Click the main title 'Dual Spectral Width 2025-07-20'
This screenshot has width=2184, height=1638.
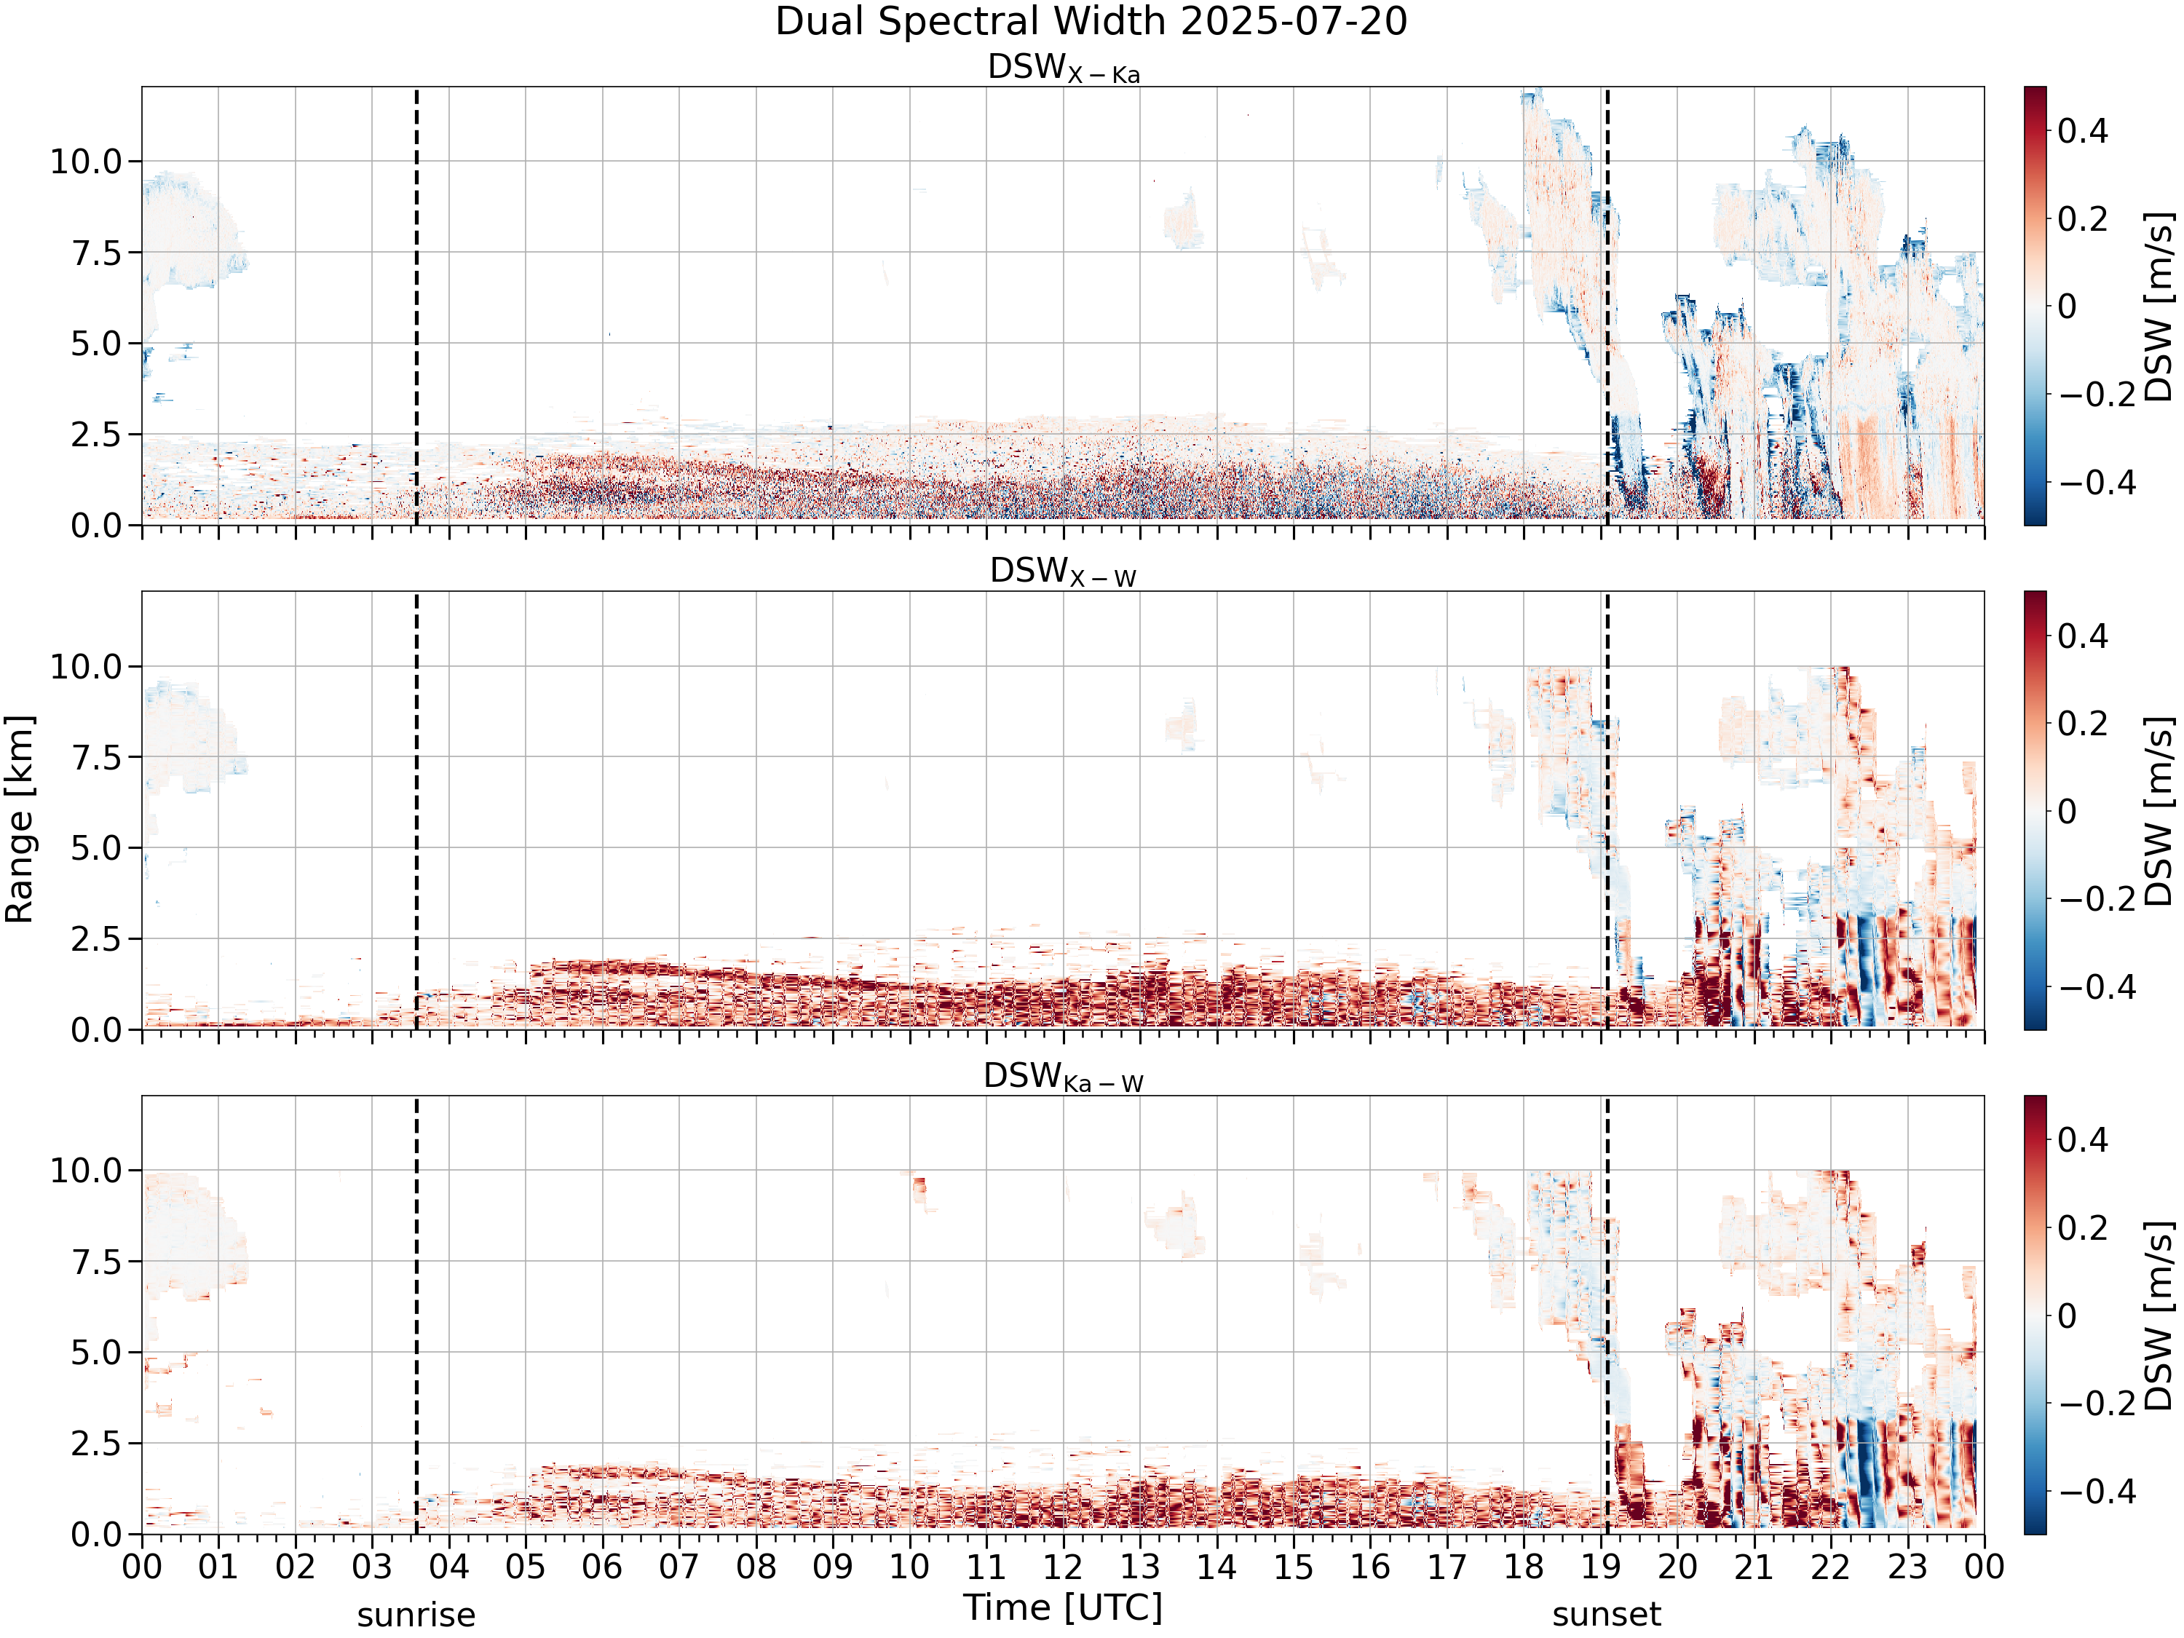click(1091, 22)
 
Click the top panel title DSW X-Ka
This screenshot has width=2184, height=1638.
click(1064, 69)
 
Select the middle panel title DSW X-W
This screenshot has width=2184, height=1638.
click(1064, 573)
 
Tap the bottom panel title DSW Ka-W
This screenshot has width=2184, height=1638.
click(1064, 1077)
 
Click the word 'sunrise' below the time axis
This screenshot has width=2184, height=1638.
click(416, 1615)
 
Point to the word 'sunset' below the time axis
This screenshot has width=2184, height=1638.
click(1607, 1615)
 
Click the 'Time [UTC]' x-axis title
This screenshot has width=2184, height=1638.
click(1064, 1607)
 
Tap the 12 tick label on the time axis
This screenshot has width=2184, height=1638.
click(1064, 1567)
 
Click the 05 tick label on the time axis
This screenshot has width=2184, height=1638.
click(526, 1567)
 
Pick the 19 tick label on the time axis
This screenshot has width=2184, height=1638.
click(1600, 1567)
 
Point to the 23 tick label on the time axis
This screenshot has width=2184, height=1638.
click(1907, 1567)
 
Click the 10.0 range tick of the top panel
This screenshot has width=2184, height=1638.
click(86, 161)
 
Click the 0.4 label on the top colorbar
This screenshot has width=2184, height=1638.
click(2084, 131)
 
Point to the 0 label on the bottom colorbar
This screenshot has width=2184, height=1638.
click(2068, 1316)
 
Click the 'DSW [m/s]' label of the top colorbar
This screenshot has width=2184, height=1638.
click(2159, 306)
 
